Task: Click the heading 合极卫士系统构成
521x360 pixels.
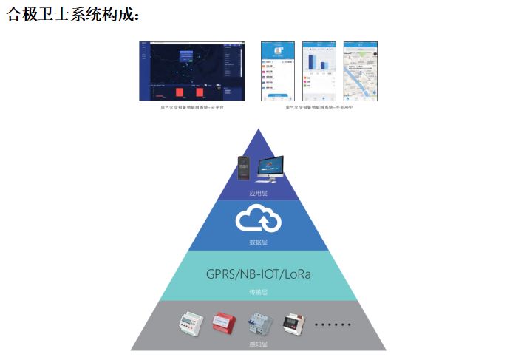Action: click(72, 15)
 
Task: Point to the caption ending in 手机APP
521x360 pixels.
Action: click(319, 107)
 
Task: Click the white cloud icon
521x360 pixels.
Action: click(258, 220)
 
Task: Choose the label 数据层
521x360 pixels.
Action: click(258, 242)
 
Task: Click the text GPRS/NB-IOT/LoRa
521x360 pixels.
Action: click(258, 274)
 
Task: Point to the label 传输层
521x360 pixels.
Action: click(258, 292)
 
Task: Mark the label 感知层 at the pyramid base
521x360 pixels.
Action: click(258, 344)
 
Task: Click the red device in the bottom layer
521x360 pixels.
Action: click(224, 323)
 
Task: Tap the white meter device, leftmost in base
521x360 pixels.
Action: click(190, 323)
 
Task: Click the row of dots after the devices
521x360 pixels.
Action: click(333, 325)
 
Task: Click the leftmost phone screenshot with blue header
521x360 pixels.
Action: click(278, 71)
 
